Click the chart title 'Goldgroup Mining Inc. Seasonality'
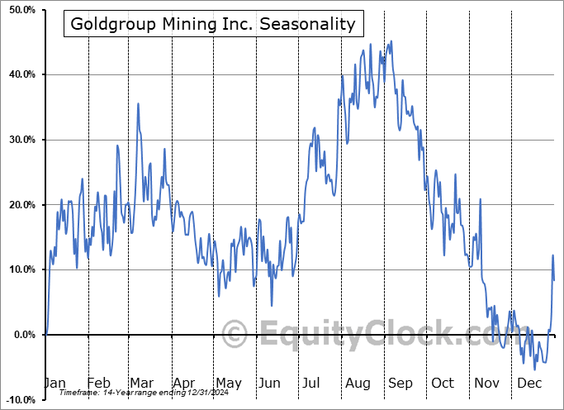213,24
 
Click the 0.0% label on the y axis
21,335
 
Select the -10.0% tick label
18,400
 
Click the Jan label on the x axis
54,384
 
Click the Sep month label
400,384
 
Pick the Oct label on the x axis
443,384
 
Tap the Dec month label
529,384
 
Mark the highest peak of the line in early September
391,41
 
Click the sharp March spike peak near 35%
138,103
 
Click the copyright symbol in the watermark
235,335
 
